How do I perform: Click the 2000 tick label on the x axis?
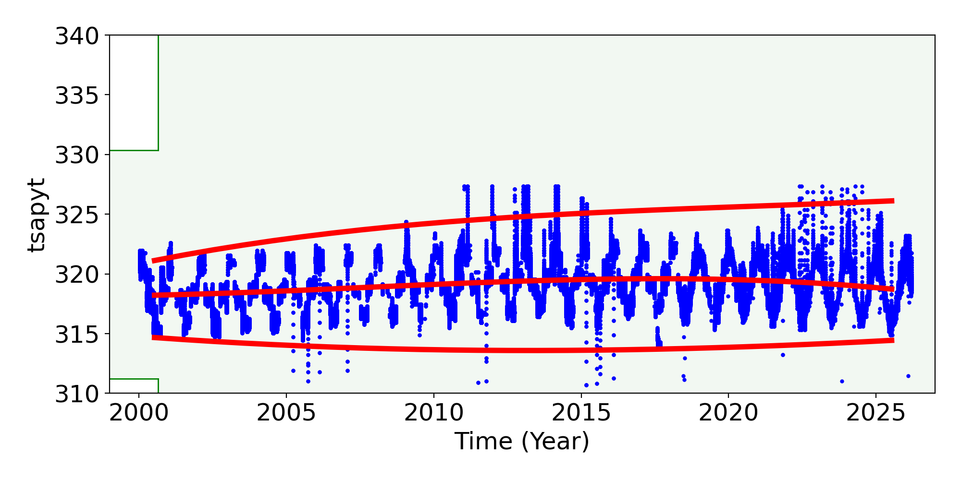[139, 413]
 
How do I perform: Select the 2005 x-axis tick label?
[286, 413]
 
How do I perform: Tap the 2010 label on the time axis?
[433, 413]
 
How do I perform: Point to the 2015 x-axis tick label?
[581, 413]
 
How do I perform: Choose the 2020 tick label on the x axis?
[728, 413]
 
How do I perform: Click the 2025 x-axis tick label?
[875, 413]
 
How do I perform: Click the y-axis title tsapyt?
[37, 215]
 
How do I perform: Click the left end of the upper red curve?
[153, 261]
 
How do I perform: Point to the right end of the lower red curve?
[893, 340]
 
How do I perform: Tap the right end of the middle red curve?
[893, 289]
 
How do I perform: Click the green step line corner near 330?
[158, 150]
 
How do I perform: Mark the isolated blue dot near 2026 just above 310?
[908, 376]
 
